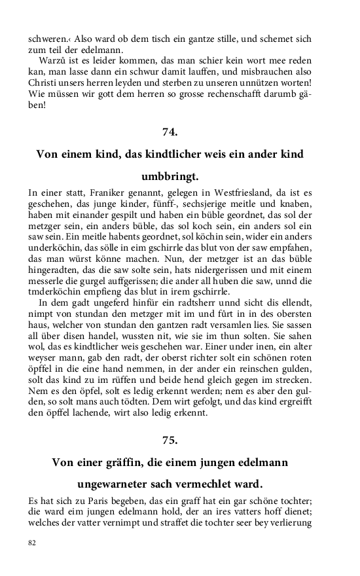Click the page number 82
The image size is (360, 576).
[x=32, y=543]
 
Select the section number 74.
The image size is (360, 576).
[x=170, y=132]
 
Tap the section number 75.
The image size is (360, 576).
[x=170, y=440]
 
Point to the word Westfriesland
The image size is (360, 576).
[x=226, y=192]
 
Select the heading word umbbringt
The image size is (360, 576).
[x=170, y=177]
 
